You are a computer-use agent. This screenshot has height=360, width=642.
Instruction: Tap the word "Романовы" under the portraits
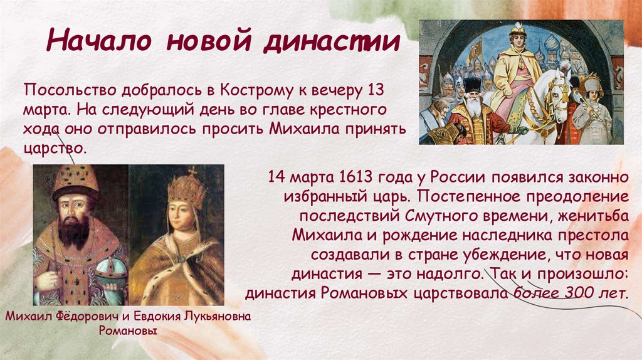128,331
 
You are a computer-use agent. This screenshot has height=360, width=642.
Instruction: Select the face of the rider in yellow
516,43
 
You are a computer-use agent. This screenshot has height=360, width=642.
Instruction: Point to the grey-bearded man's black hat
472,84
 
